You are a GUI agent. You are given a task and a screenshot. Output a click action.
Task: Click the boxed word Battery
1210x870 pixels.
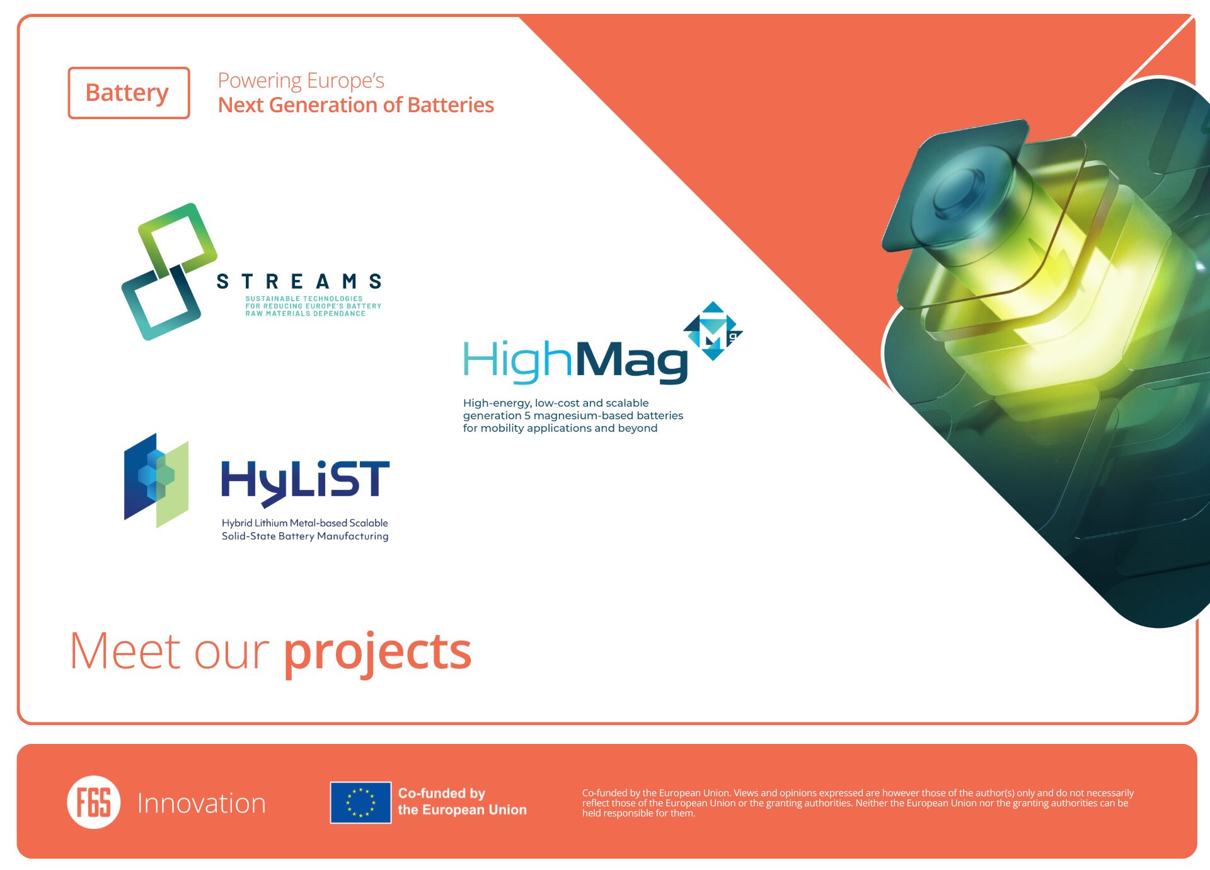pos(127,93)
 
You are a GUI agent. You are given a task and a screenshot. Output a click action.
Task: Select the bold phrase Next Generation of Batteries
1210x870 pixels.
pos(356,105)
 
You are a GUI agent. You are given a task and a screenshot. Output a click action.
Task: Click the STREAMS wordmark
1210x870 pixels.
pos(299,281)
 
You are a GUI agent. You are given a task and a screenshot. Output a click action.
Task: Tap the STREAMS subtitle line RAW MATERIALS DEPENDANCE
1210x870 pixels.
pos(306,314)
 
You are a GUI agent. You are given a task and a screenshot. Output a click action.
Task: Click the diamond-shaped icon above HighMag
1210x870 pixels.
pos(713,331)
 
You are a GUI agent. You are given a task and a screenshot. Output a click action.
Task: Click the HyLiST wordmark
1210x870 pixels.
pos(305,482)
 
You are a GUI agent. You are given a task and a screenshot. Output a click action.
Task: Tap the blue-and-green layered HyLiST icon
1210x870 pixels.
pos(156,480)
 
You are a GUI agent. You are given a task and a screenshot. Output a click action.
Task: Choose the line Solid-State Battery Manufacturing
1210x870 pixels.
pos(305,536)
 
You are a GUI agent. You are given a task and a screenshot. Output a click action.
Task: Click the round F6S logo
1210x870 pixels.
pos(94,802)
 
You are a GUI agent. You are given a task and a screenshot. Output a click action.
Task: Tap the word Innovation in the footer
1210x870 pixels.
pos(202,803)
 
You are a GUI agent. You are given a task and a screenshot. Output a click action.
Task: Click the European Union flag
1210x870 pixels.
pos(360,803)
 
